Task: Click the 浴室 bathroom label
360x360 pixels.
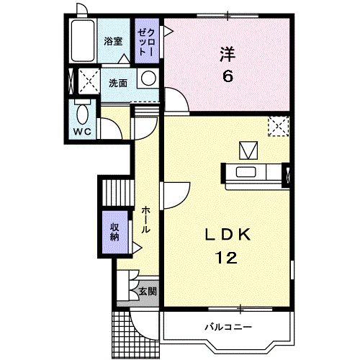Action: pyautogui.click(x=113, y=41)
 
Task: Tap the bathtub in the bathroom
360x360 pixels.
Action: pyautogui.click(x=83, y=40)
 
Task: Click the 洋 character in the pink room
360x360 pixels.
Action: pyautogui.click(x=228, y=54)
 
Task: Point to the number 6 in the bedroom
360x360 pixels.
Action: pyautogui.click(x=228, y=76)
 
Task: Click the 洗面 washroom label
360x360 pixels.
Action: pyautogui.click(x=118, y=83)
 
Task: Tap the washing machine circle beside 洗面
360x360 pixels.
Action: pyautogui.click(x=148, y=78)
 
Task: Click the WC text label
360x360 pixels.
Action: pyautogui.click(x=82, y=132)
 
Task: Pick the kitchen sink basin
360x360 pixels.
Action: pyautogui.click(x=246, y=172)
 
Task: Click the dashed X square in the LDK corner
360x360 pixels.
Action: pyautogui.click(x=279, y=127)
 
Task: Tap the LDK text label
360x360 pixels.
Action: pyautogui.click(x=228, y=235)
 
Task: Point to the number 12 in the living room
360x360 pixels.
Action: pyautogui.click(x=227, y=258)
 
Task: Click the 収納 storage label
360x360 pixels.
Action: pyautogui.click(x=114, y=232)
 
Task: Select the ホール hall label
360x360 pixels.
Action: pyautogui.click(x=145, y=220)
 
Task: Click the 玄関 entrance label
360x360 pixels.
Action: pyautogui.click(x=148, y=292)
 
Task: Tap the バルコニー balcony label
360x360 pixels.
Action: pyautogui.click(x=228, y=327)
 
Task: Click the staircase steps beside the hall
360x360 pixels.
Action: pyautogui.click(x=118, y=192)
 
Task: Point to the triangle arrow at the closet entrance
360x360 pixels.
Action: pyautogui.click(x=168, y=31)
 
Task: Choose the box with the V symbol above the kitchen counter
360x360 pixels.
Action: pyautogui.click(x=248, y=150)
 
